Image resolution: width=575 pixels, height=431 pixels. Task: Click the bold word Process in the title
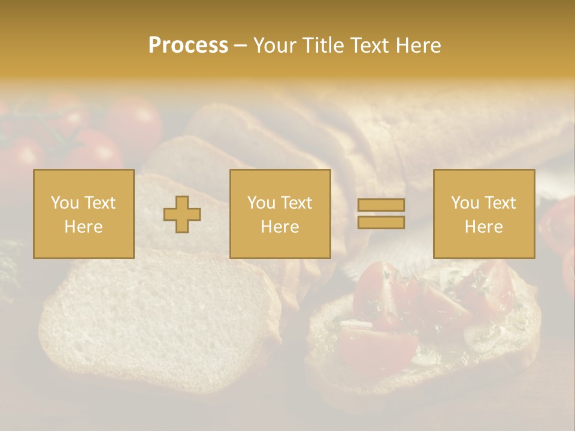coord(188,45)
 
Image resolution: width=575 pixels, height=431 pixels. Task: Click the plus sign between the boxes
coord(182,214)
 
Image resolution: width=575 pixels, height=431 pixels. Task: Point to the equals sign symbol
coord(381,214)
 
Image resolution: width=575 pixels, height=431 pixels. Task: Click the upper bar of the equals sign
coord(381,205)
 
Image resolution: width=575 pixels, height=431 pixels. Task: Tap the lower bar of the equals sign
coord(381,222)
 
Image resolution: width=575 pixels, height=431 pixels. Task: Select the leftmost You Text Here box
coord(84,214)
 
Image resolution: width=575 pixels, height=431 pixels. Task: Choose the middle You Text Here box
coord(280,214)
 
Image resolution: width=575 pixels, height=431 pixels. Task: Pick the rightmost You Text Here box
coord(484,214)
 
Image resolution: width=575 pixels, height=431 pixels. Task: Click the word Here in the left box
coord(83,227)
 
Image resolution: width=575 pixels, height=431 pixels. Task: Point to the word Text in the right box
coord(500,203)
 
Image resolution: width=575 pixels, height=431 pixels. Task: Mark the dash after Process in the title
coord(240,45)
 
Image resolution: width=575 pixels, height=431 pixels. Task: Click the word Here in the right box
coord(483,227)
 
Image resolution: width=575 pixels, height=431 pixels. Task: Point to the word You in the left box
coord(65,203)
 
